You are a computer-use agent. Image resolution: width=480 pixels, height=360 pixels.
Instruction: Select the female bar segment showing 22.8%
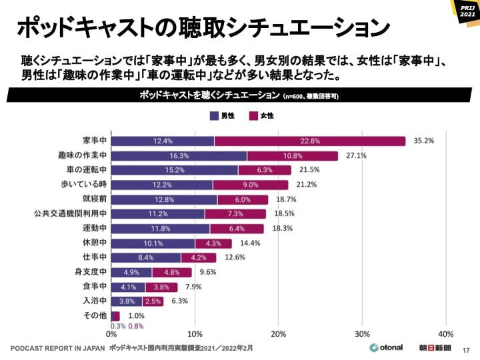tap(310, 141)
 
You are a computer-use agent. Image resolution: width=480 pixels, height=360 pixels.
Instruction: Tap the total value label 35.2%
tap(424, 141)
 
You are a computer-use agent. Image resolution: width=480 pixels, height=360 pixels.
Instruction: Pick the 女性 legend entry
tap(261, 116)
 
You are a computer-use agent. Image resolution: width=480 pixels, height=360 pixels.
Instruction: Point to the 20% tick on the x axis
tap(279, 333)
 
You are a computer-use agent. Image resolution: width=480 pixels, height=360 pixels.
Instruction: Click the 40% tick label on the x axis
tap(446, 333)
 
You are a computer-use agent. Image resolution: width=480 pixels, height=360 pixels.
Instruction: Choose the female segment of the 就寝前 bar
tap(243, 199)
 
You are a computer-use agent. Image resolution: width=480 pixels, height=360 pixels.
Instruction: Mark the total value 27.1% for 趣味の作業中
tap(356, 156)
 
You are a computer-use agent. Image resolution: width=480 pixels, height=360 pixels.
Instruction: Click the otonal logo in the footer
tap(387, 348)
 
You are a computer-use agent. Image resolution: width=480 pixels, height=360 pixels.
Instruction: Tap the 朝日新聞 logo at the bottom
tap(435, 348)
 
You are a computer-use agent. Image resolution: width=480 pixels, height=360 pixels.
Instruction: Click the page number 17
tap(466, 349)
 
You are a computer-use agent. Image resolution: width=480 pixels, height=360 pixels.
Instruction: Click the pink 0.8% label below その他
tap(135, 326)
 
